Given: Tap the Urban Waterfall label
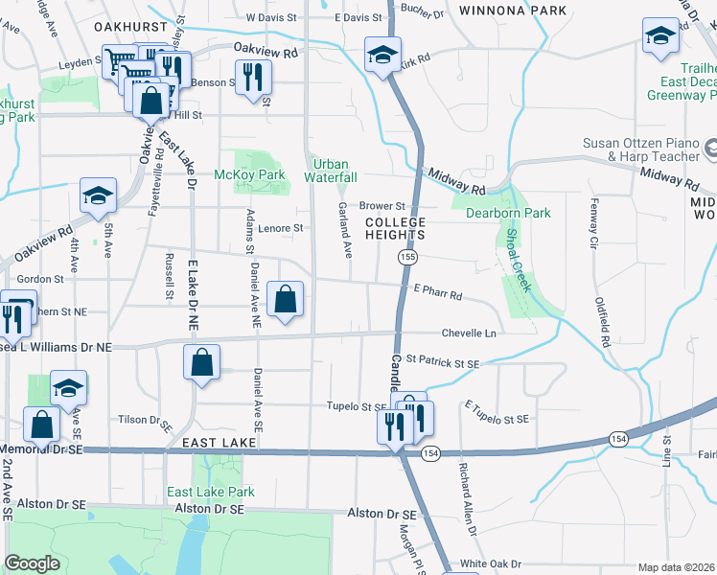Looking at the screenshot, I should point(331,171).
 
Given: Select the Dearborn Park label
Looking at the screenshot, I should point(508,213).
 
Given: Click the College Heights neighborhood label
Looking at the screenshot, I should point(394,227).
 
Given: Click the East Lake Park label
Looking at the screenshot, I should point(211,492).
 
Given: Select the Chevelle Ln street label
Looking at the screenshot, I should point(469,333).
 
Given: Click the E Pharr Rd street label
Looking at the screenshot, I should point(438,287).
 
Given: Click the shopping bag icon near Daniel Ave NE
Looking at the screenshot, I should point(286,300).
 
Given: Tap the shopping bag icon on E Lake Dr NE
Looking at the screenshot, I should point(201,364).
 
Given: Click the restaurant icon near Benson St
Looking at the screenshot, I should point(254,77).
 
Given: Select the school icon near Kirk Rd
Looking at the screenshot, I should point(382,54).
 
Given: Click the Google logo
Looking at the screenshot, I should point(32,563).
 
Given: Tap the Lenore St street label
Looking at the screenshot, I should point(282,228).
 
